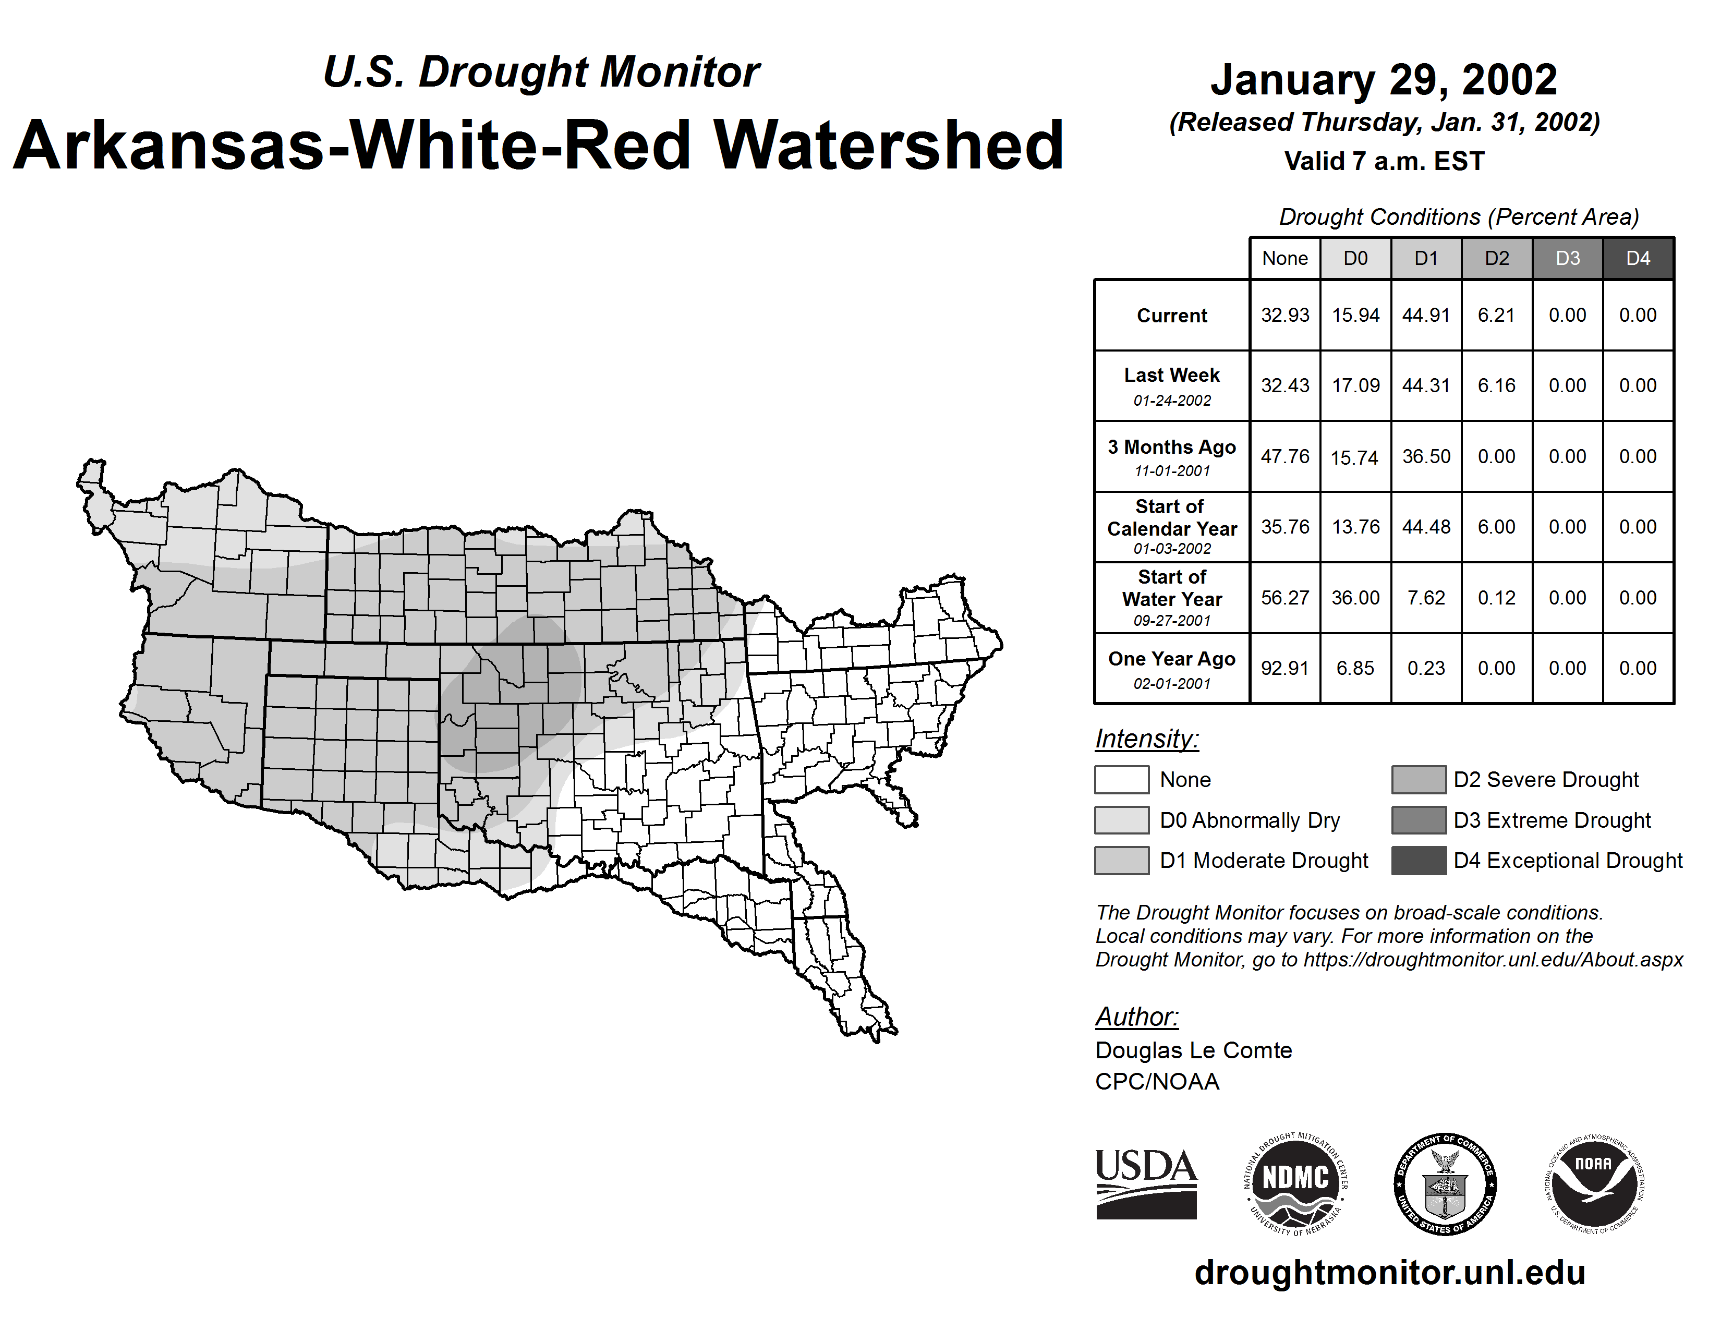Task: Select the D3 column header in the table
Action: (1567, 258)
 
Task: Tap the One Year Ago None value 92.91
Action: (1284, 668)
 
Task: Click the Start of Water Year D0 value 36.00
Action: (1355, 598)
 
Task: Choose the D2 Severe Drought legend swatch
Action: (1419, 779)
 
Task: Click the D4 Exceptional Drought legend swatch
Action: (1419, 861)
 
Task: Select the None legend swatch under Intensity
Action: (1121, 779)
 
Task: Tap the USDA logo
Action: (1146, 1183)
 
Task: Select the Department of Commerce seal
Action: (1445, 1183)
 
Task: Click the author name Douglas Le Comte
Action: (1193, 1050)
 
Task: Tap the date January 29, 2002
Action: (1384, 80)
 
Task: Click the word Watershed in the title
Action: (888, 146)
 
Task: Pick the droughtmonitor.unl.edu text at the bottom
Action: (1389, 1273)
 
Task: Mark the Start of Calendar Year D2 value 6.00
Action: (1496, 527)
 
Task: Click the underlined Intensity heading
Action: (1146, 739)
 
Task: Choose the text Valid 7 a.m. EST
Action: (1384, 162)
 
